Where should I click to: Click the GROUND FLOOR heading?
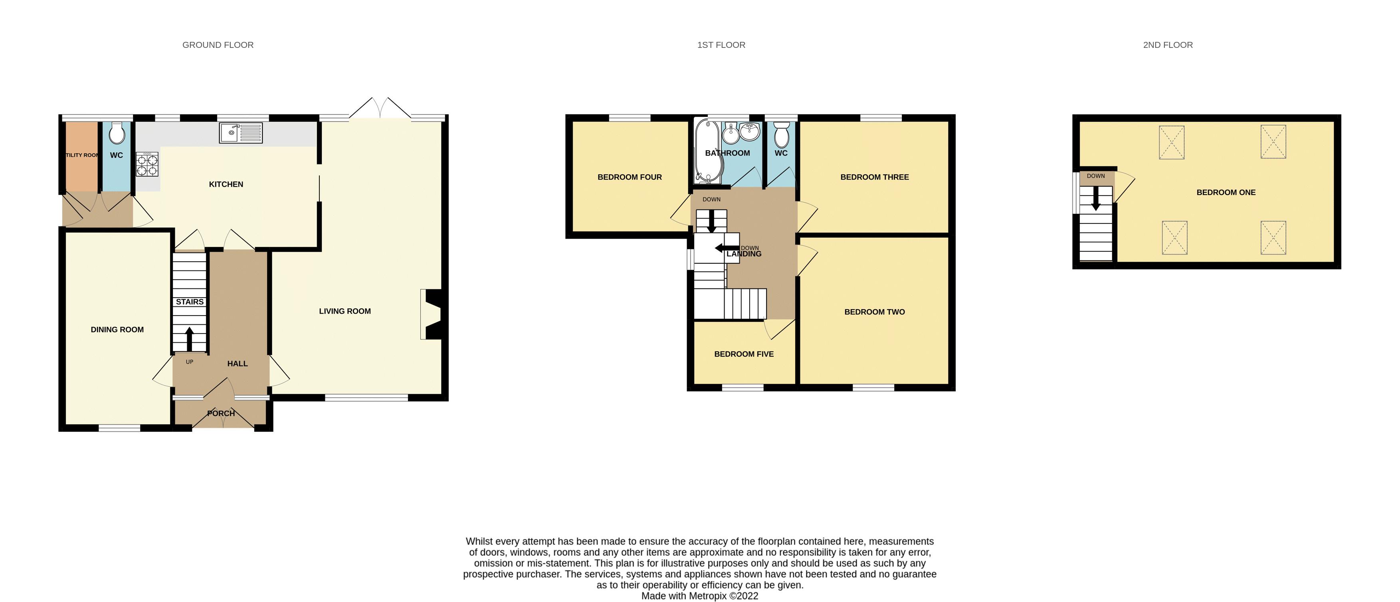tap(218, 45)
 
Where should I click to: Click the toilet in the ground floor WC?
tap(117, 133)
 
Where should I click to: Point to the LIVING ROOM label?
tap(345, 311)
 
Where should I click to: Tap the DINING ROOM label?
tap(117, 330)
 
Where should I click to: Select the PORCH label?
tap(221, 413)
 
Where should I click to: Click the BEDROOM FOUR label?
tap(630, 177)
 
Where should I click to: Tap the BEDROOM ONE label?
tap(1226, 192)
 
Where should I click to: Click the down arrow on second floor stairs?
tap(1096, 199)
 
